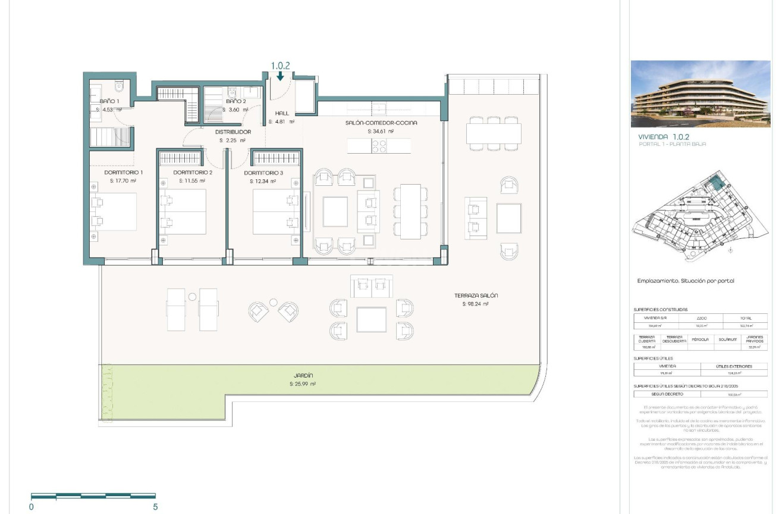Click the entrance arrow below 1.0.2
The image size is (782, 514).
(x=279, y=76)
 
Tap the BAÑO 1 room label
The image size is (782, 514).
(x=109, y=101)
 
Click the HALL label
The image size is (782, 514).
(x=281, y=113)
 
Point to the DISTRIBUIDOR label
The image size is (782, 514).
(x=233, y=132)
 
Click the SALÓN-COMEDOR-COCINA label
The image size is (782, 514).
(x=381, y=123)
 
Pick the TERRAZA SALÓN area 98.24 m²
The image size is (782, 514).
(x=476, y=304)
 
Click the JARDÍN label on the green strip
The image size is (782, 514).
(x=303, y=375)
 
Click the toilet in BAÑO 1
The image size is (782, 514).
(x=120, y=87)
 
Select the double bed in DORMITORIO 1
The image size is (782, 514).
(x=114, y=211)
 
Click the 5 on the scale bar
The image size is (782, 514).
(x=155, y=507)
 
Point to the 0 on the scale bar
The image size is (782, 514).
(x=32, y=507)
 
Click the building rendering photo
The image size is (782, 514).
(x=700, y=94)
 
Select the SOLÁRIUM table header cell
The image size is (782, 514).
(x=730, y=339)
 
